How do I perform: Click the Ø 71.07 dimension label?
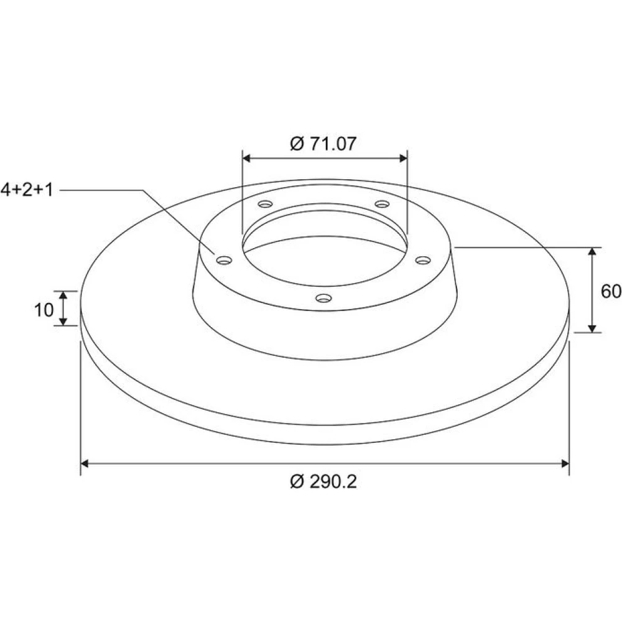coord(323,143)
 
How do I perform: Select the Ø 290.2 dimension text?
coord(323,481)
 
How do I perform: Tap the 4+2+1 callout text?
coord(27,190)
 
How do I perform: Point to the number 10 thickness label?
coord(44,310)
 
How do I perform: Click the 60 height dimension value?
coord(611,292)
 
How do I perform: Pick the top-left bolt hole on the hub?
coord(266,204)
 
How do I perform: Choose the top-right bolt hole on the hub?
coord(382,204)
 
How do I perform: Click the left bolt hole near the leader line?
coord(224,261)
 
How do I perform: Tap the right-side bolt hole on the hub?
coord(423,260)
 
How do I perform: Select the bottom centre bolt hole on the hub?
coord(323,298)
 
